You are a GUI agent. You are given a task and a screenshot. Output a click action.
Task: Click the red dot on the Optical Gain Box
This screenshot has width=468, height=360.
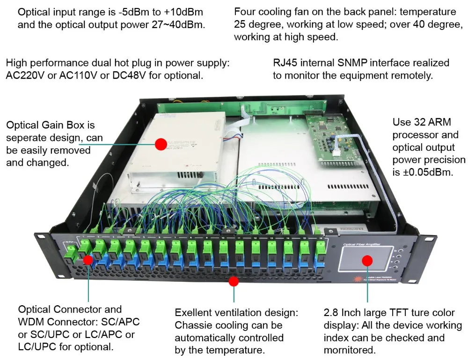[161, 144]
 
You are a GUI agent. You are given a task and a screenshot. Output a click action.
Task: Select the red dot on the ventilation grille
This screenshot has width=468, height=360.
[234, 281]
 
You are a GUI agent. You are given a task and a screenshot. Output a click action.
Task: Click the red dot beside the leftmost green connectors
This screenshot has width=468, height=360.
[88, 260]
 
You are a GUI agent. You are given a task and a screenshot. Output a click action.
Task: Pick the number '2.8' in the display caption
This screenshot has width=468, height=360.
[332, 312]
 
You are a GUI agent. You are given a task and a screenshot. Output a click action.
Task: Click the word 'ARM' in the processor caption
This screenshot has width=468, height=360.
[440, 123]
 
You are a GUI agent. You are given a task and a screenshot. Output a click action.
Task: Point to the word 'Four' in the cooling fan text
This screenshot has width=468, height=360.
[245, 11]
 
